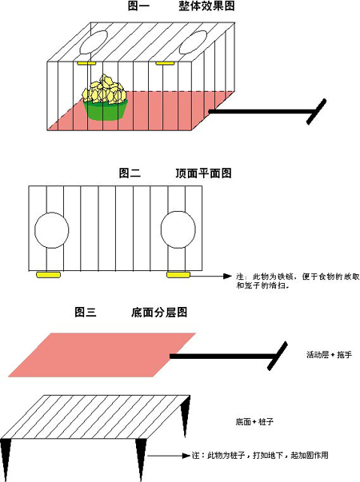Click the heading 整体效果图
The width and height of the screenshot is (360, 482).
206,6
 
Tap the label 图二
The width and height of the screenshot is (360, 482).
130,173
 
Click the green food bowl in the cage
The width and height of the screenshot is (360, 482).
106,109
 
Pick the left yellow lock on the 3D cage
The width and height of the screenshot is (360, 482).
86,61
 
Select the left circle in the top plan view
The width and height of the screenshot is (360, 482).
52,231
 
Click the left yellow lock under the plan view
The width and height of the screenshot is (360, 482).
50,275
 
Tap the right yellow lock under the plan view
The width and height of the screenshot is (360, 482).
177,275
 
